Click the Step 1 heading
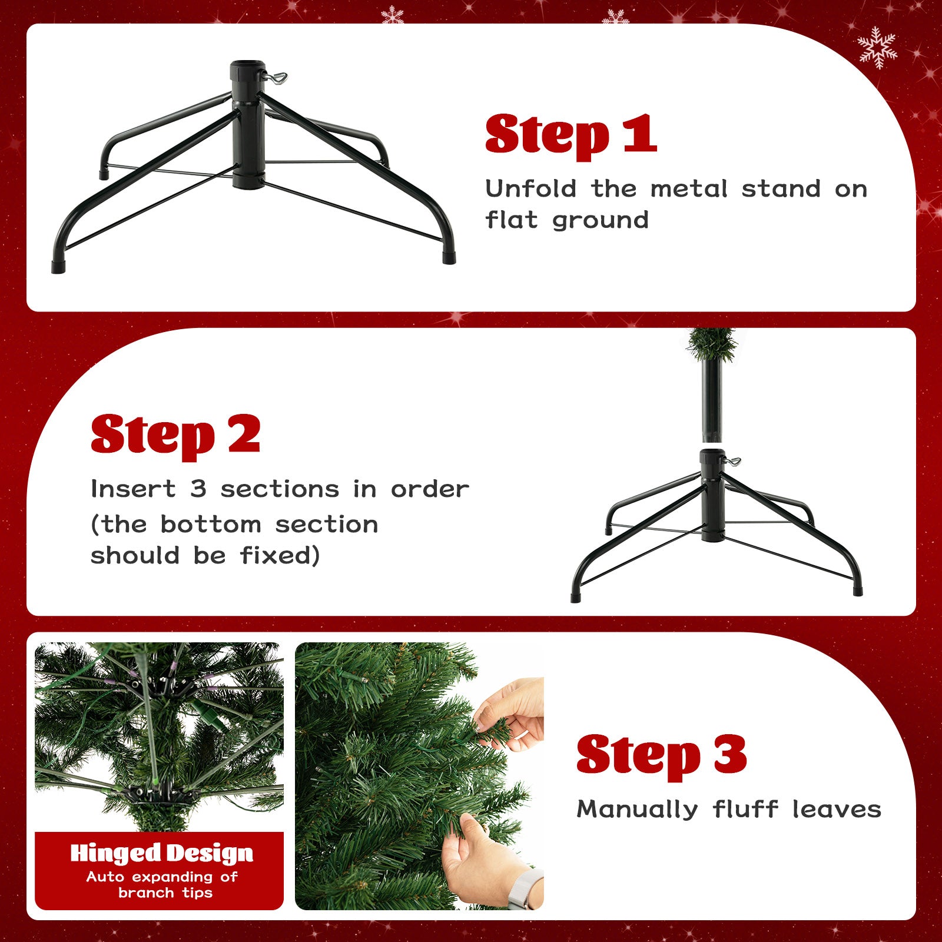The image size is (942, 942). [570, 135]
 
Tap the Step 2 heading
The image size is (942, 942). [175, 435]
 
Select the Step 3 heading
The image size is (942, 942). [661, 755]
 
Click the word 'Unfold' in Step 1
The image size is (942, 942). [530, 189]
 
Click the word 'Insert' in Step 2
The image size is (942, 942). [133, 489]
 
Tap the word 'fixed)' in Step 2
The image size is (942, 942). [280, 555]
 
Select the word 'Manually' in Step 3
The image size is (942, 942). [637, 810]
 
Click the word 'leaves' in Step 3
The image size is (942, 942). [836, 810]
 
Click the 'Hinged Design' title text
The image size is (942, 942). [161, 853]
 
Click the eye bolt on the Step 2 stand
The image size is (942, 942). [733, 461]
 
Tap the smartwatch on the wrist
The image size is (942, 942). [527, 889]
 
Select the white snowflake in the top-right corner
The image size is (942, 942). [877, 47]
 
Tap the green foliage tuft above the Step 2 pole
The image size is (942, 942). [712, 343]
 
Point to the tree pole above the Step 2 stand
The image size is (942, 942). [712, 400]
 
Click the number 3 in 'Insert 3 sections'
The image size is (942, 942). [198, 489]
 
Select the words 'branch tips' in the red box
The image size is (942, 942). [165, 893]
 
